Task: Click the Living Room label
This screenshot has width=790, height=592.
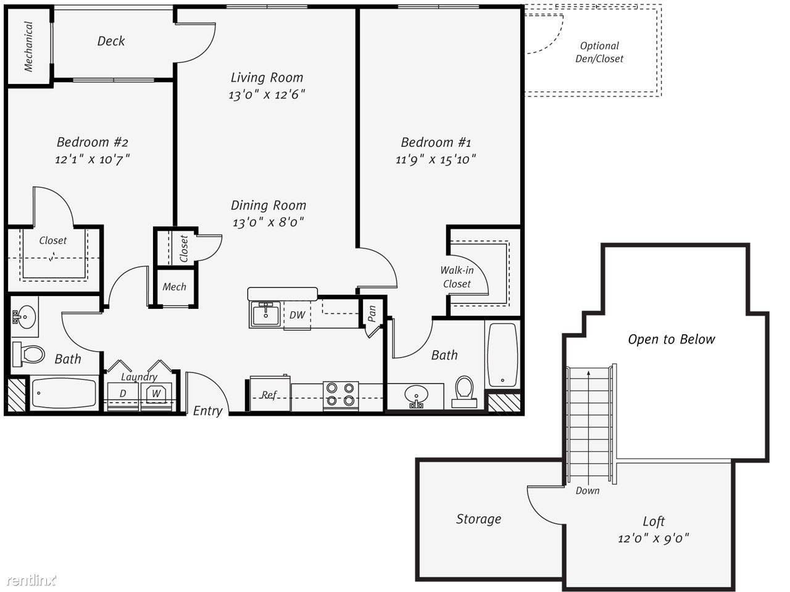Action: coord(267,78)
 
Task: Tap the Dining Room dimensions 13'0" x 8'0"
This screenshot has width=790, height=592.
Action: coord(268,222)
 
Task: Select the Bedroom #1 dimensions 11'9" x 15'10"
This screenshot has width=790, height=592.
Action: coord(436,159)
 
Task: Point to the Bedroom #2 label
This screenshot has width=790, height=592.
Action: coord(93,142)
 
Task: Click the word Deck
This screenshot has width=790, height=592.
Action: coord(111,41)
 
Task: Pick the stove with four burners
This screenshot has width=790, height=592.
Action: coord(341,395)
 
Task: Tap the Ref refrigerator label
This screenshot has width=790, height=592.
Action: coord(269,395)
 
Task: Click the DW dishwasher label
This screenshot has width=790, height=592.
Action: coord(297,315)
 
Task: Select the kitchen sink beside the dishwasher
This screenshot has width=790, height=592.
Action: coord(265,314)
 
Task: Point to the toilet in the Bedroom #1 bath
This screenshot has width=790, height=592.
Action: coord(464,392)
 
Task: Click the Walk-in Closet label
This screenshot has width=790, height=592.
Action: coord(457,277)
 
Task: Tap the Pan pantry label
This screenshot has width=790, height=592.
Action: coord(372,313)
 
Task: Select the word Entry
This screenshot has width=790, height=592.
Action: coord(207,411)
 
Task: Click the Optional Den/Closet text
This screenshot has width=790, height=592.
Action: coord(599,52)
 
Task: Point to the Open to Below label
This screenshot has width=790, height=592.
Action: coord(671,339)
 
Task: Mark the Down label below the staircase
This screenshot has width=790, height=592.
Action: coord(588,490)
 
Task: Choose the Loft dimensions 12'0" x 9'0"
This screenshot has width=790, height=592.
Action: coord(654,538)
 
